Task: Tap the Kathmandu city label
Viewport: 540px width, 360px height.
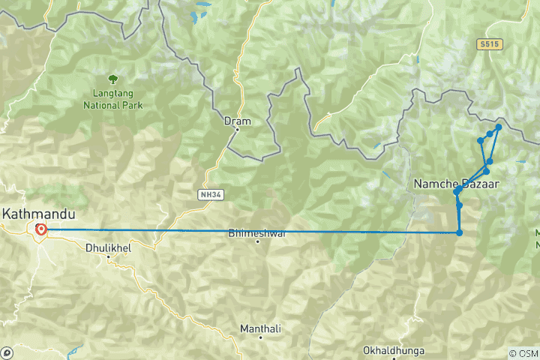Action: [x=38, y=214]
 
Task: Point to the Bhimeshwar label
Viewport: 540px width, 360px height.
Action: [x=257, y=233]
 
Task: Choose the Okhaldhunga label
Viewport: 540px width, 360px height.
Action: [x=393, y=350]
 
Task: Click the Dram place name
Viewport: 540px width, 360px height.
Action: [x=237, y=120]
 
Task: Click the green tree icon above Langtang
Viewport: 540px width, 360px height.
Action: [x=112, y=78]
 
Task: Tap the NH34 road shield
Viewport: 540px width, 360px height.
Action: [x=209, y=194]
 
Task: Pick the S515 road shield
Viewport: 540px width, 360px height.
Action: [x=488, y=45]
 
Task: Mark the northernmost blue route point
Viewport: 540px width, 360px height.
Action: [x=499, y=127]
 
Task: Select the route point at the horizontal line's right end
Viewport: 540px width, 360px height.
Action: [x=459, y=232]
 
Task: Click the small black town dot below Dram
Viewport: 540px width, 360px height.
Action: [x=237, y=130]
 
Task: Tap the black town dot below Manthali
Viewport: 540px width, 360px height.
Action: [x=260, y=338]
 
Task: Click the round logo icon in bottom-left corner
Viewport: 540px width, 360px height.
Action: [x=7, y=352]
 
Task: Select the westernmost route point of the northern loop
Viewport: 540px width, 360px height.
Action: [x=480, y=140]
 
